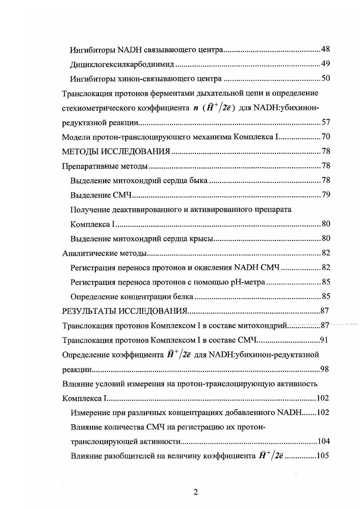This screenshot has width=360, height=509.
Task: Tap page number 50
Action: click(x=325, y=79)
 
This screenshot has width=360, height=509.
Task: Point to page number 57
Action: click(x=325, y=123)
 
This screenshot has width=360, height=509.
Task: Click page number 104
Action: click(x=323, y=442)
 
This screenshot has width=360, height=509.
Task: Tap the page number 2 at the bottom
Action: click(x=196, y=493)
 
